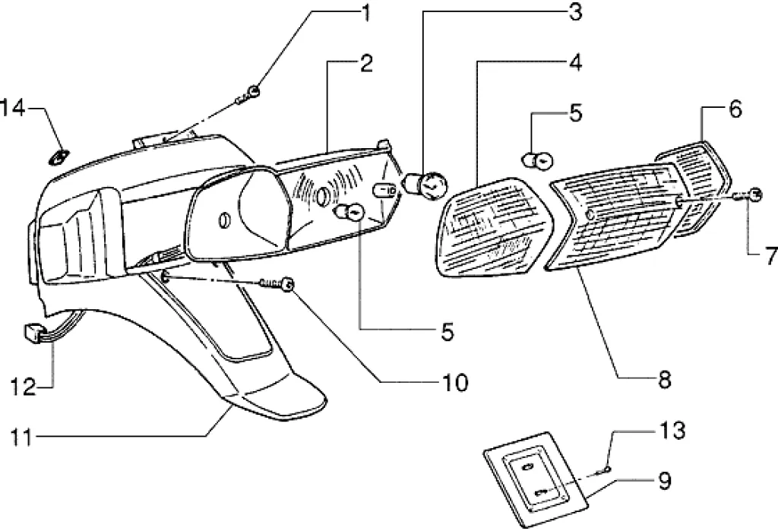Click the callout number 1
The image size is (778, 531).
[x=367, y=13]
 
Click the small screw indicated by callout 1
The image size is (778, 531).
[x=251, y=94]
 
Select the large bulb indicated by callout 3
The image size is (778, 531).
[x=429, y=183]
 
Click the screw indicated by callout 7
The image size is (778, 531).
[x=754, y=195]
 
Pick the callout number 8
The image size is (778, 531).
[x=664, y=380]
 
